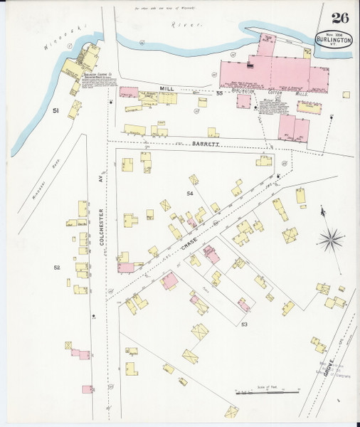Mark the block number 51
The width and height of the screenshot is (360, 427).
(x=55, y=111)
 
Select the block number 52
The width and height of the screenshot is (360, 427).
(x=56, y=267)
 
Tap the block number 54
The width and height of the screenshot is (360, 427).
(x=189, y=194)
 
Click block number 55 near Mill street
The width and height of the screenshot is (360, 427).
(x=220, y=93)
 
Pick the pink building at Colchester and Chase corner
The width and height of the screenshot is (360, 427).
(x=125, y=267)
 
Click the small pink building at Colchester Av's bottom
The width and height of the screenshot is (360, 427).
(x=88, y=389)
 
